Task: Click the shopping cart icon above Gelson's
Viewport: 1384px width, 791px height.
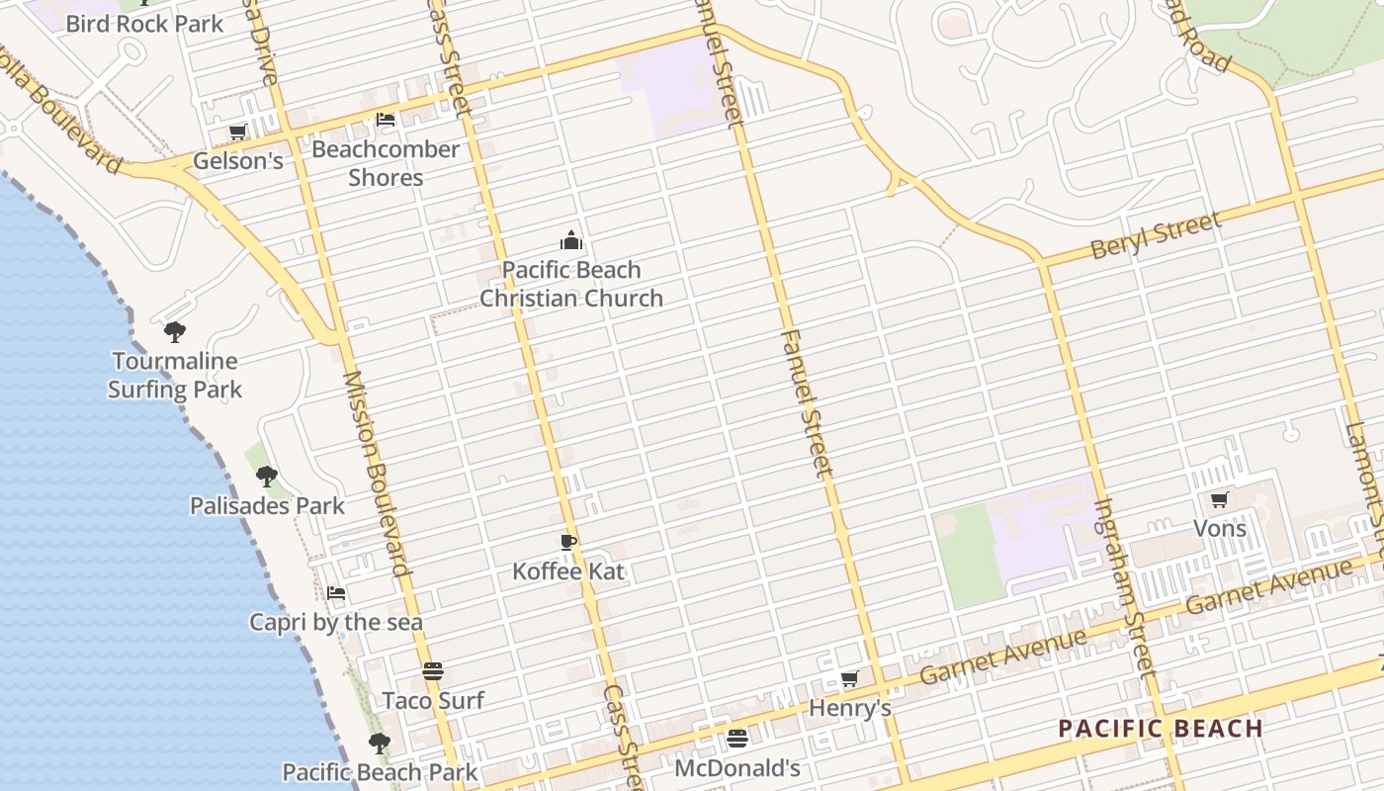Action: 237,132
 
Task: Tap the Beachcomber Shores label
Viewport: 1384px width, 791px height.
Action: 386,163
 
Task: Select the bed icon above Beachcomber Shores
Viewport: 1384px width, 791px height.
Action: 386,120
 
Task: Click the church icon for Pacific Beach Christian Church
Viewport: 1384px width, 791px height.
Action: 571,240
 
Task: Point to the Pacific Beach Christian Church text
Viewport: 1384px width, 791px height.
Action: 571,284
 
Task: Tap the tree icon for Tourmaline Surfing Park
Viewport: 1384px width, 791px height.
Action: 175,331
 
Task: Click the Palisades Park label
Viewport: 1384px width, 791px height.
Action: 267,506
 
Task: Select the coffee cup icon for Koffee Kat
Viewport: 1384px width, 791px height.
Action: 568,542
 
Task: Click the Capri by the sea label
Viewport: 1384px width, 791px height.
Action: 335,622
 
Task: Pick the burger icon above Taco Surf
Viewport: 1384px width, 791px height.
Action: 433,671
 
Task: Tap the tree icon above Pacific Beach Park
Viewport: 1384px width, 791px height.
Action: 379,743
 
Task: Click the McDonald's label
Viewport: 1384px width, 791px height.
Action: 736,767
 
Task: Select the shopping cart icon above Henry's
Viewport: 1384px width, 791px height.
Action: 849,678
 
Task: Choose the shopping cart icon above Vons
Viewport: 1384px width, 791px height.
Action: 1219,500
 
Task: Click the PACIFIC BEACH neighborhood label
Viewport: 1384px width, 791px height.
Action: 1161,730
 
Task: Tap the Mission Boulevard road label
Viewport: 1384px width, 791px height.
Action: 376,474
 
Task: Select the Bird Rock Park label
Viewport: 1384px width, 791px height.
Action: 144,23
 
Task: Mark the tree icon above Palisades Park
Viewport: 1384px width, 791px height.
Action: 267,477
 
